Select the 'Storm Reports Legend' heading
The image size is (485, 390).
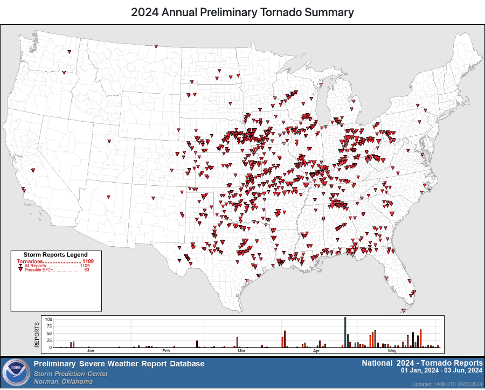56,255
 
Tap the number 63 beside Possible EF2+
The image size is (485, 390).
86,269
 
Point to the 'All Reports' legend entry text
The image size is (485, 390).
36,266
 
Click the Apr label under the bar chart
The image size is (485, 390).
316,351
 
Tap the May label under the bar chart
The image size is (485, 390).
392,351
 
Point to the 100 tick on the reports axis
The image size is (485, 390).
48,319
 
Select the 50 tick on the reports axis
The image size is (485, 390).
50,333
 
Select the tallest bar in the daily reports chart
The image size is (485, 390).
345,332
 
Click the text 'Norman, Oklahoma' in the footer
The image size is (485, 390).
63,381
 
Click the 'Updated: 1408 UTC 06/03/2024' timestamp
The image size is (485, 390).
447,384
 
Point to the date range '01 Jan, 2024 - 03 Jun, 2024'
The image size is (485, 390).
441,371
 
